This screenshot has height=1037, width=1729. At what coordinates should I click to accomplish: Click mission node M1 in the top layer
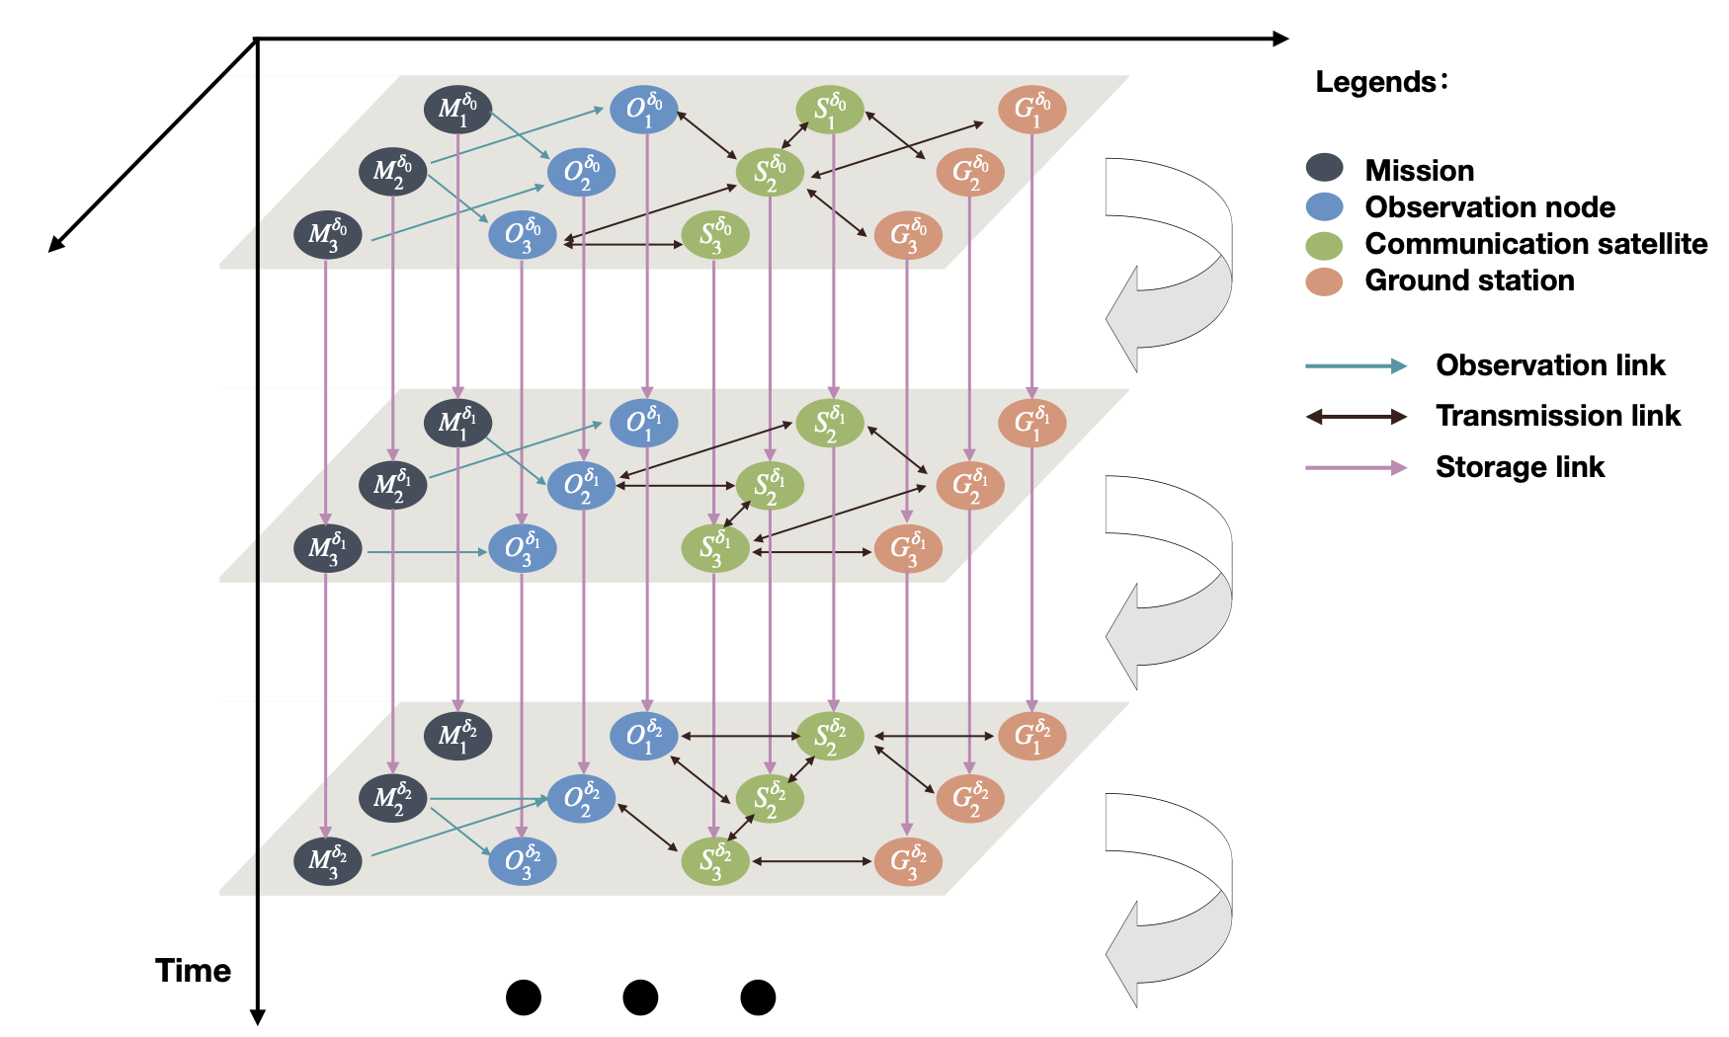pyautogui.click(x=457, y=110)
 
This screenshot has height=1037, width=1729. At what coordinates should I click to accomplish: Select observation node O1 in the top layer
pyautogui.click(x=643, y=110)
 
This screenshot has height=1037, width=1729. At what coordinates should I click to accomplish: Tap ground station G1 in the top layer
pyautogui.click(x=1031, y=110)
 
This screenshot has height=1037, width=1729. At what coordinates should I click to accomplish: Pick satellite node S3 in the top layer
pyautogui.click(x=715, y=235)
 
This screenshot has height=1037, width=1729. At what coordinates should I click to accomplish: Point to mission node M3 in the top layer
pyautogui.click(x=327, y=235)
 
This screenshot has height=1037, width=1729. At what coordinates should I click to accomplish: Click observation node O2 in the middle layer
pyautogui.click(x=581, y=486)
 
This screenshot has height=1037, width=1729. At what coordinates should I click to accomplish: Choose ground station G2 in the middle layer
pyautogui.click(x=969, y=486)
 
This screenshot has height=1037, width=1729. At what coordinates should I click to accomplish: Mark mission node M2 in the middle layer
pyautogui.click(x=392, y=486)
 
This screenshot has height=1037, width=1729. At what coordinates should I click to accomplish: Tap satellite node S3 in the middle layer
pyautogui.click(x=715, y=548)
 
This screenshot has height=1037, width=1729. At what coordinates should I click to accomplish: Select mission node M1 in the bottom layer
pyautogui.click(x=457, y=736)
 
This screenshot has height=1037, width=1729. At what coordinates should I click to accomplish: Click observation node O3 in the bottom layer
pyautogui.click(x=523, y=861)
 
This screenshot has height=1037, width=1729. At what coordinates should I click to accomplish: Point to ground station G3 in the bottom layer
pyautogui.click(x=908, y=861)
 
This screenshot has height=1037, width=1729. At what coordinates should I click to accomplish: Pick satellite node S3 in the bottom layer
pyautogui.click(x=715, y=861)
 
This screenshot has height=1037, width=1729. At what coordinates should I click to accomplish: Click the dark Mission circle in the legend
pyautogui.click(x=1324, y=169)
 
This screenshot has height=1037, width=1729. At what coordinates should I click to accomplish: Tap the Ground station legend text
pyautogui.click(x=1469, y=280)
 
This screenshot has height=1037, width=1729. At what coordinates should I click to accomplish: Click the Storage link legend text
pyautogui.click(x=1520, y=467)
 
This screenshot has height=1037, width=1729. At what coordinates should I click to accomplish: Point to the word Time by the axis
pyautogui.click(x=193, y=971)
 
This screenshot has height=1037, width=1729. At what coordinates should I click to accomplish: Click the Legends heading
pyautogui.click(x=1380, y=82)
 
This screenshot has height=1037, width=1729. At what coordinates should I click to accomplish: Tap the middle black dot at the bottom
pyautogui.click(x=640, y=997)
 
